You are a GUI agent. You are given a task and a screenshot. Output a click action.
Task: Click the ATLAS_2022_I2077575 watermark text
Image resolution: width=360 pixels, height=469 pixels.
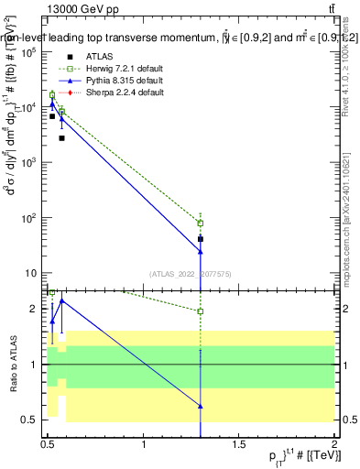point(189,272)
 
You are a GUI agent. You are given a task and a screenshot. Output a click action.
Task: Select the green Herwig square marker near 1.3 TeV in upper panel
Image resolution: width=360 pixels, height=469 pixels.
point(201,223)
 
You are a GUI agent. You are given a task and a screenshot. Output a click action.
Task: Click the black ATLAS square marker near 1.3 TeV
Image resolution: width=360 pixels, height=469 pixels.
point(201,239)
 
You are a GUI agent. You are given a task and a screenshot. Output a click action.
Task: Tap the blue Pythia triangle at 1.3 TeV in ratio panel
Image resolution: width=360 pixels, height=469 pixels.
point(201,405)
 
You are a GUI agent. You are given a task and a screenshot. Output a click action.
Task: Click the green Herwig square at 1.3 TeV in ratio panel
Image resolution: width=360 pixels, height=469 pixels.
point(201,311)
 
